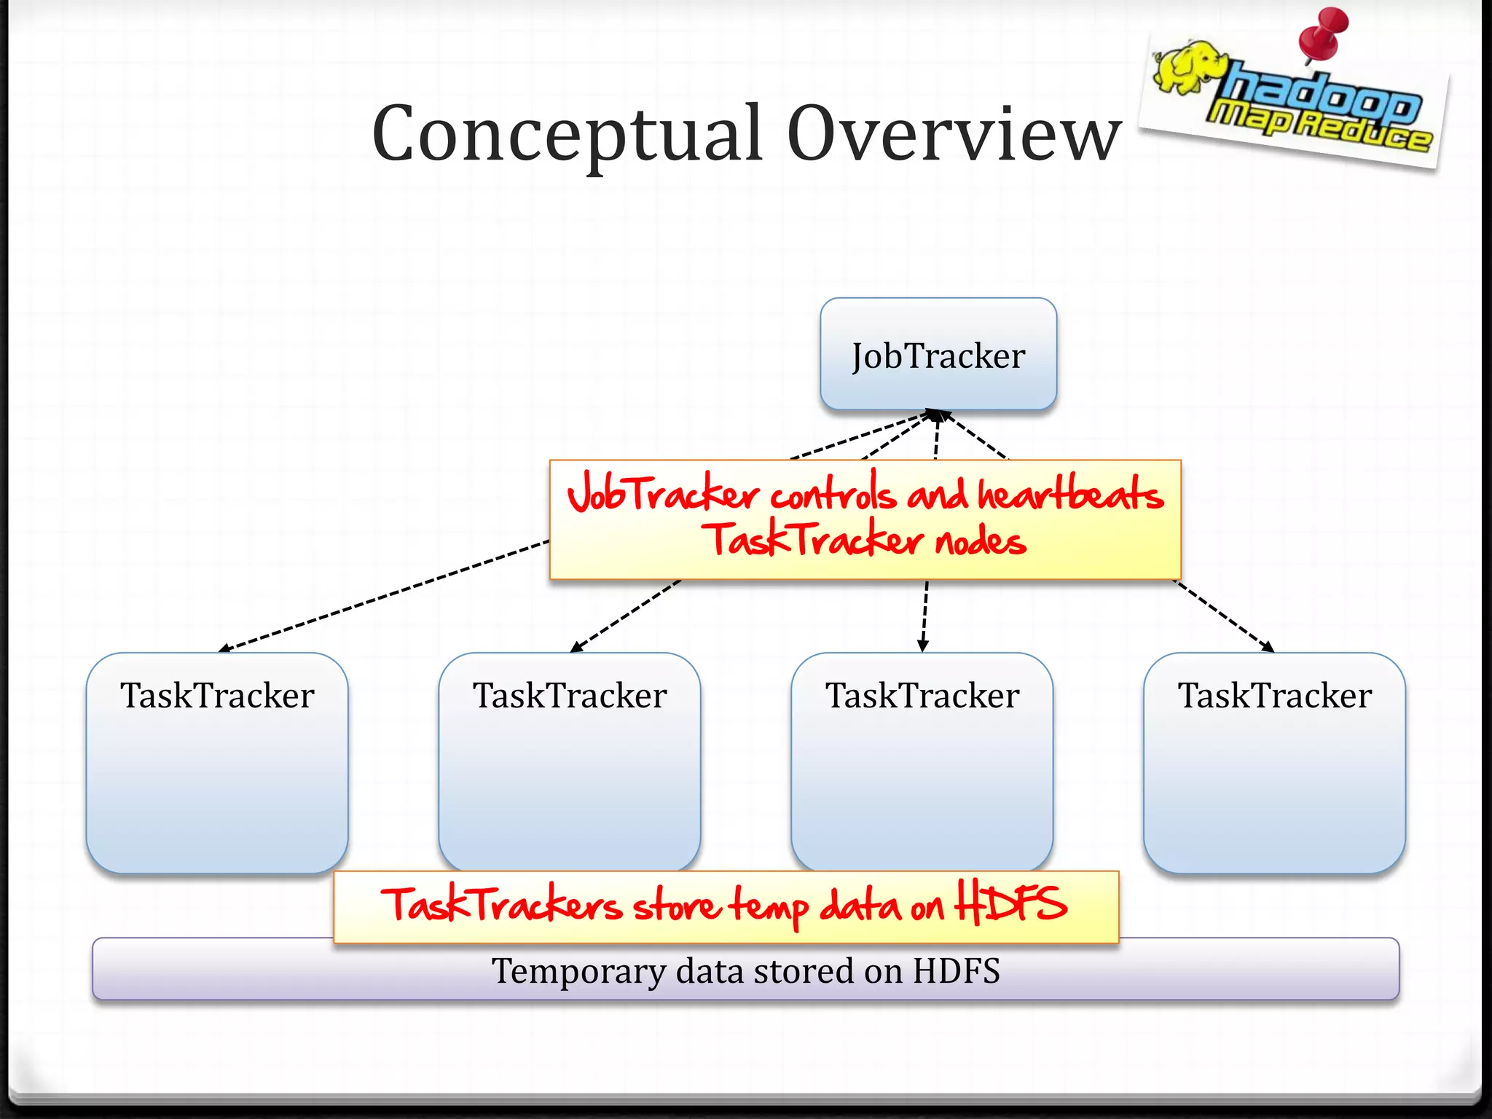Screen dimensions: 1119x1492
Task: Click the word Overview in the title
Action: coord(954,135)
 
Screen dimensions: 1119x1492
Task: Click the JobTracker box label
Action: coord(938,356)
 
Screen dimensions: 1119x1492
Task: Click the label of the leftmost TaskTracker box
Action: coord(217,695)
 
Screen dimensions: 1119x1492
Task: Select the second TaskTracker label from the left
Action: coord(570,695)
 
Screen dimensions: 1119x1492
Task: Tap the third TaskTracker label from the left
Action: coord(922,695)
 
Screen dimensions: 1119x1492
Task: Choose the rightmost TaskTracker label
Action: coord(1275,695)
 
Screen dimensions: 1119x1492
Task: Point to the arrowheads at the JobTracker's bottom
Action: coord(935,415)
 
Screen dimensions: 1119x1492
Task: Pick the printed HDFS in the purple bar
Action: coord(957,970)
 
